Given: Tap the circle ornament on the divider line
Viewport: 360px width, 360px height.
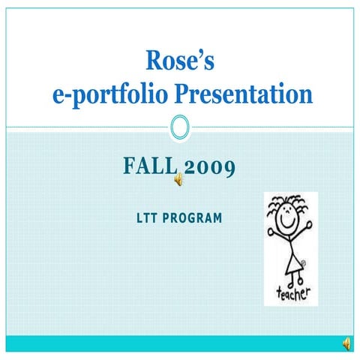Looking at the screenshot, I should tap(180, 126).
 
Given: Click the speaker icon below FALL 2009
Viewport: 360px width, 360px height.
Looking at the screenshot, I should tap(179, 180).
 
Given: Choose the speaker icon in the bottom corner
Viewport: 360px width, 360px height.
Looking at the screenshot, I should tap(346, 343).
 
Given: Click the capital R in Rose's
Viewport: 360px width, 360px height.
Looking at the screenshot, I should tap(153, 59).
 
